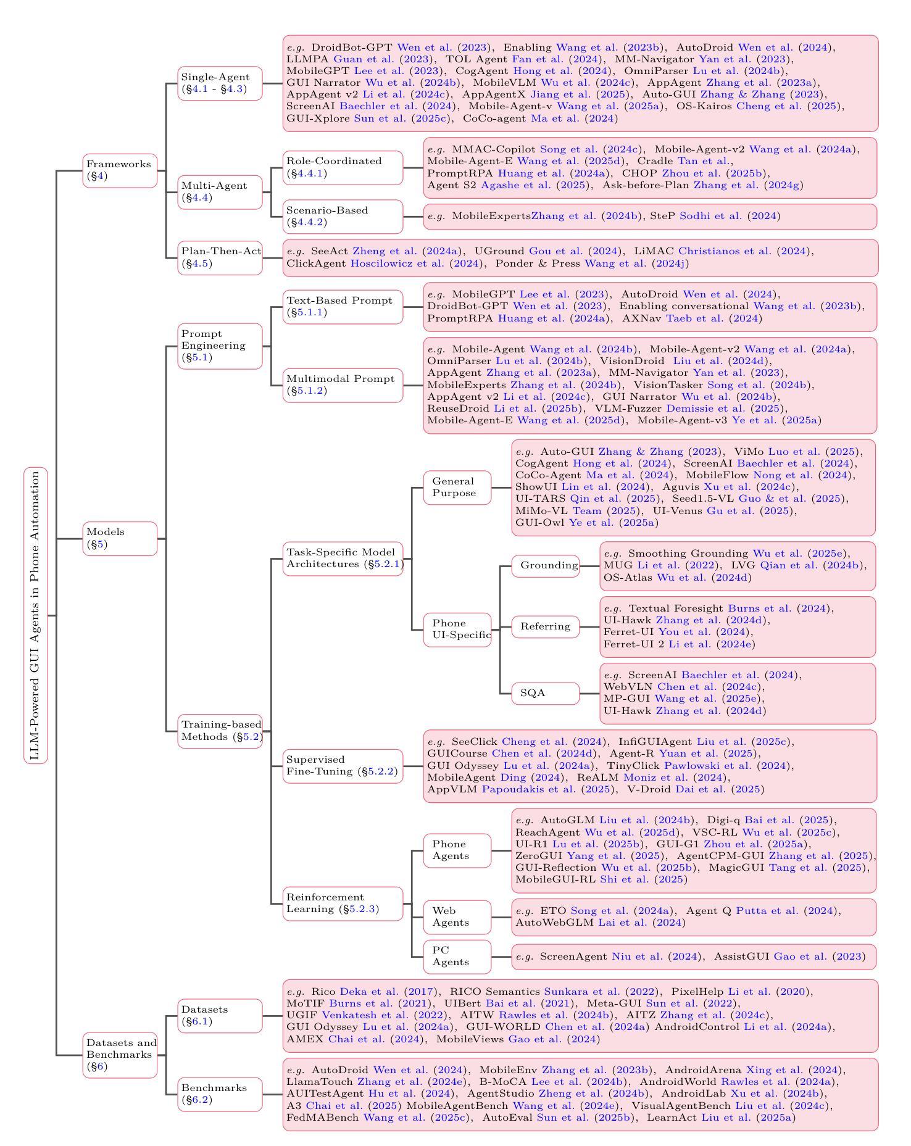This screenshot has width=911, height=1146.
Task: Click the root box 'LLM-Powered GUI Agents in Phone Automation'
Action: click(36, 615)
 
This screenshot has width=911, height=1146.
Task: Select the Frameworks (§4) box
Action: click(120, 170)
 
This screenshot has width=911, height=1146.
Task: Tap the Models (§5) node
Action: click(120, 538)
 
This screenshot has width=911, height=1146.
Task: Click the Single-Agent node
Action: click(220, 83)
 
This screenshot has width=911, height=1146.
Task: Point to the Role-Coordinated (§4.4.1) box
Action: click(343, 167)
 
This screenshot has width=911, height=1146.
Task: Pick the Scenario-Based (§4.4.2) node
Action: click(343, 217)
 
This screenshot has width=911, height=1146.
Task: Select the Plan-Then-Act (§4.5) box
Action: click(220, 257)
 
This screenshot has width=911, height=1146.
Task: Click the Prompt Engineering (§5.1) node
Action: click(220, 346)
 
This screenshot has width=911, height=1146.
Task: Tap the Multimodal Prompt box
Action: click(343, 385)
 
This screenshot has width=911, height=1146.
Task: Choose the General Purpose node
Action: click(457, 487)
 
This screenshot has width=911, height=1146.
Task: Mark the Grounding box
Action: click(546, 565)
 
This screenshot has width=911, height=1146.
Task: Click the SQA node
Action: click(546, 693)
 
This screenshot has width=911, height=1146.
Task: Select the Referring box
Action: click(546, 626)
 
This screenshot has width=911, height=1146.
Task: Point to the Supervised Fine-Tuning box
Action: click(343, 766)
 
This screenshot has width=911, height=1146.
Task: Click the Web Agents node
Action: click(457, 916)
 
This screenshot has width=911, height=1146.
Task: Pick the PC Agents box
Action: click(457, 956)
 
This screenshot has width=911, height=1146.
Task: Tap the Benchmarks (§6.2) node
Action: click(220, 1094)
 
